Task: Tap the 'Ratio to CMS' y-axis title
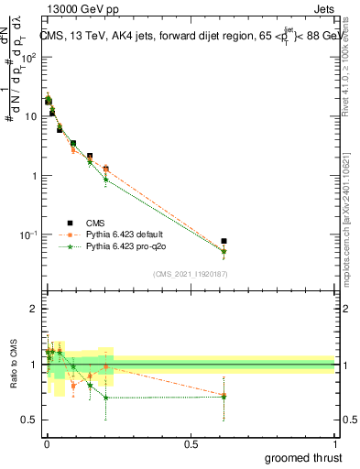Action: coord(13,365)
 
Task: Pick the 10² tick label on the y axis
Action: coord(27,57)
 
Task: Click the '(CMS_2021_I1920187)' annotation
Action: coord(190,273)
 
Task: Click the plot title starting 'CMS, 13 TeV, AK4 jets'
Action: coord(183,37)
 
